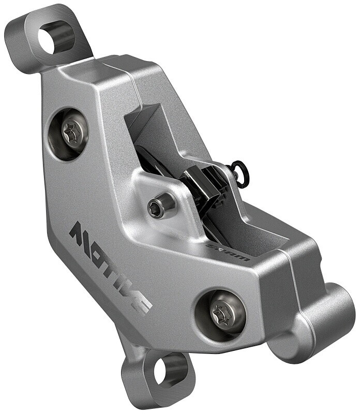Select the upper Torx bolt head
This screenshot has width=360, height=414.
(75, 131)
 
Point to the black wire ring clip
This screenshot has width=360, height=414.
(239, 171)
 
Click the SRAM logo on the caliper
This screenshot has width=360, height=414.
(228, 253)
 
